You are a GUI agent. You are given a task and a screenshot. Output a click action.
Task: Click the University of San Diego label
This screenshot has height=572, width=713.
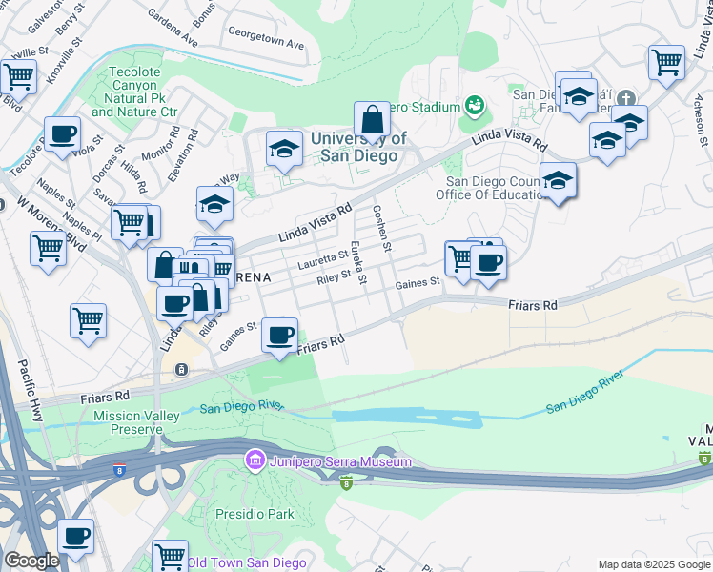tap(358, 147)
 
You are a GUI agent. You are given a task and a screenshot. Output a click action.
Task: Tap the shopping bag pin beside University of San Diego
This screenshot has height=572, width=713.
tap(372, 122)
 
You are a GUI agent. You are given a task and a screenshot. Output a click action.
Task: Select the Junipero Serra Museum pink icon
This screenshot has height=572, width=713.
tap(255, 461)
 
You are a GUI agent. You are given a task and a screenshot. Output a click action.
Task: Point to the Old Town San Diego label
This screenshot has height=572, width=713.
tap(246, 562)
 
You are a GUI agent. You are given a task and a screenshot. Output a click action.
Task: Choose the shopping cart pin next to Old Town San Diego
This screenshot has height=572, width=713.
tap(170, 557)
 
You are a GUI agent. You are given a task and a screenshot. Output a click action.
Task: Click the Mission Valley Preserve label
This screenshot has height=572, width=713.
tap(128, 423)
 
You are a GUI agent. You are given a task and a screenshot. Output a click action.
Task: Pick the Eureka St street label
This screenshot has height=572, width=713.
tap(359, 263)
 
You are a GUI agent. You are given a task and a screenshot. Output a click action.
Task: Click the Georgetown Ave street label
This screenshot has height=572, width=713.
tap(265, 44)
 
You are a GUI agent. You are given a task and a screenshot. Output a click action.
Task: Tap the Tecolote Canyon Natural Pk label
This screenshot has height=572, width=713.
tap(134, 92)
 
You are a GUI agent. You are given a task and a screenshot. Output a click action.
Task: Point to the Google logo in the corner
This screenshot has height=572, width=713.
tap(31, 561)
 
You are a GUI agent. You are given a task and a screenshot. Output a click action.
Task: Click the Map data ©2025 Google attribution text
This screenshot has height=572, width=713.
tap(653, 564)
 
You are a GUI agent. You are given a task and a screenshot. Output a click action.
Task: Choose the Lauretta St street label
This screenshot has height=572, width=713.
tap(323, 258)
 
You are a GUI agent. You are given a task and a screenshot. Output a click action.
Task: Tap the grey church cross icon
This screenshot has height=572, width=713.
tap(626, 98)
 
